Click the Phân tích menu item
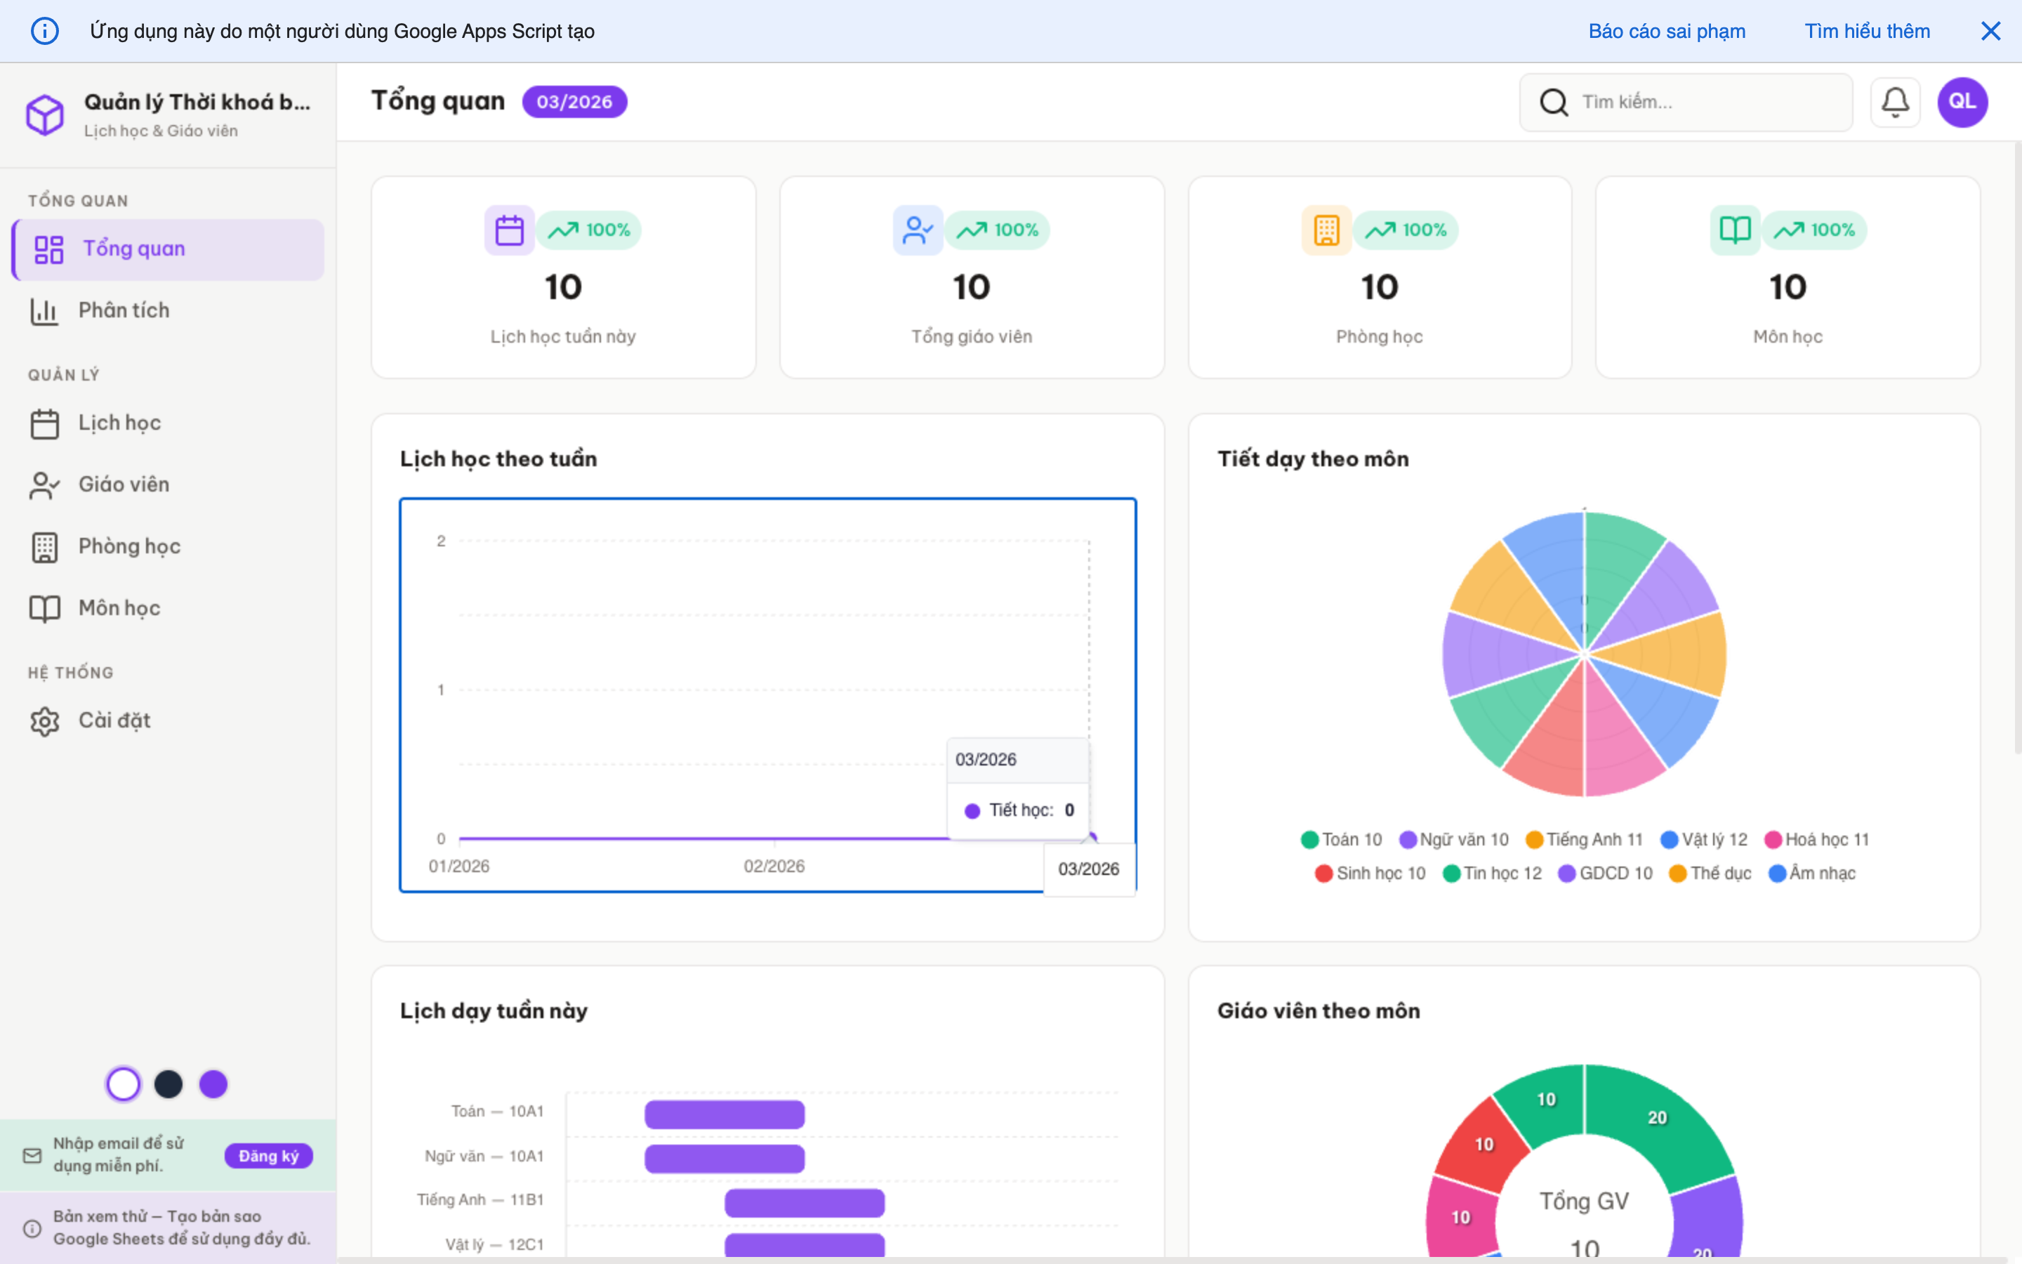[124, 310]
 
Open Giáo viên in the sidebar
[124, 485]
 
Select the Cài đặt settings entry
[114, 720]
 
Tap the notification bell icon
[1894, 102]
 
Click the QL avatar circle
[1962, 102]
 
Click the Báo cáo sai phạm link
[1666, 31]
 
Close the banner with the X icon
[1990, 31]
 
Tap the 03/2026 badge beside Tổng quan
[574, 102]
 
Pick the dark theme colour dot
[168, 1084]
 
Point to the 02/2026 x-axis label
[774, 866]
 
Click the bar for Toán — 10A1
[725, 1114]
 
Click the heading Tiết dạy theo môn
[1313, 459]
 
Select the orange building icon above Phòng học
[1326, 230]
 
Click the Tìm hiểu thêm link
[1867, 31]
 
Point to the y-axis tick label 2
[441, 541]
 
